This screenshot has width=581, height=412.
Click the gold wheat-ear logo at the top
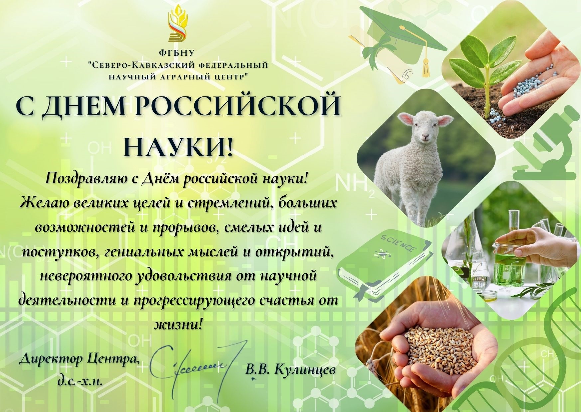(x=178, y=25)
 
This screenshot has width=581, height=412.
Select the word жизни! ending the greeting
(x=179, y=324)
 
